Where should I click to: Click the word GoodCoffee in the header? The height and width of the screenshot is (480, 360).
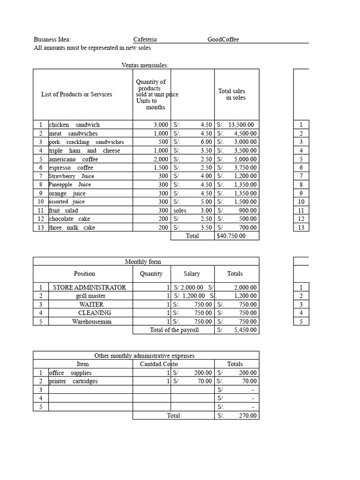click(223, 39)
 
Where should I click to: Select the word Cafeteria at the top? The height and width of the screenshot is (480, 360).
click(145, 39)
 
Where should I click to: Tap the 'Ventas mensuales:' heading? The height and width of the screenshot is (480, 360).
click(145, 65)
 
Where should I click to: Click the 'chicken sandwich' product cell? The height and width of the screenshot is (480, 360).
click(74, 125)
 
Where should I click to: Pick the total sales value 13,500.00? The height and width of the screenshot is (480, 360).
click(241, 125)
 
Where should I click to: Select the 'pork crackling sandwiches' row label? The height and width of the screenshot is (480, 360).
click(86, 142)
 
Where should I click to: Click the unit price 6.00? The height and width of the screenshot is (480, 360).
click(205, 142)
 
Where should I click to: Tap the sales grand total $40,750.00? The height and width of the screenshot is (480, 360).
click(231, 236)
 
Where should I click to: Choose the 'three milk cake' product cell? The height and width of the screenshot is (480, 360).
click(72, 227)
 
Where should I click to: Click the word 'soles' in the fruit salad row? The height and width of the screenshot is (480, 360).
click(180, 210)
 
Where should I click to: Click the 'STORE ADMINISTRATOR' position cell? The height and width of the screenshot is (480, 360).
click(90, 287)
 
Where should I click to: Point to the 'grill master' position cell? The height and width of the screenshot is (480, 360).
click(90, 296)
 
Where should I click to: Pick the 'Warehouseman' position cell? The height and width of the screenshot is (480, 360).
click(91, 322)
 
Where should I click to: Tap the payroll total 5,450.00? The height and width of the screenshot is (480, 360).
click(245, 330)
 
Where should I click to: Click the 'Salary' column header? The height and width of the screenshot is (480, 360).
click(191, 274)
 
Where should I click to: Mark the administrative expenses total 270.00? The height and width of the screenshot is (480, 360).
click(247, 416)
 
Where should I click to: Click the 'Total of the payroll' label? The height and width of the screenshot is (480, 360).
click(174, 330)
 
